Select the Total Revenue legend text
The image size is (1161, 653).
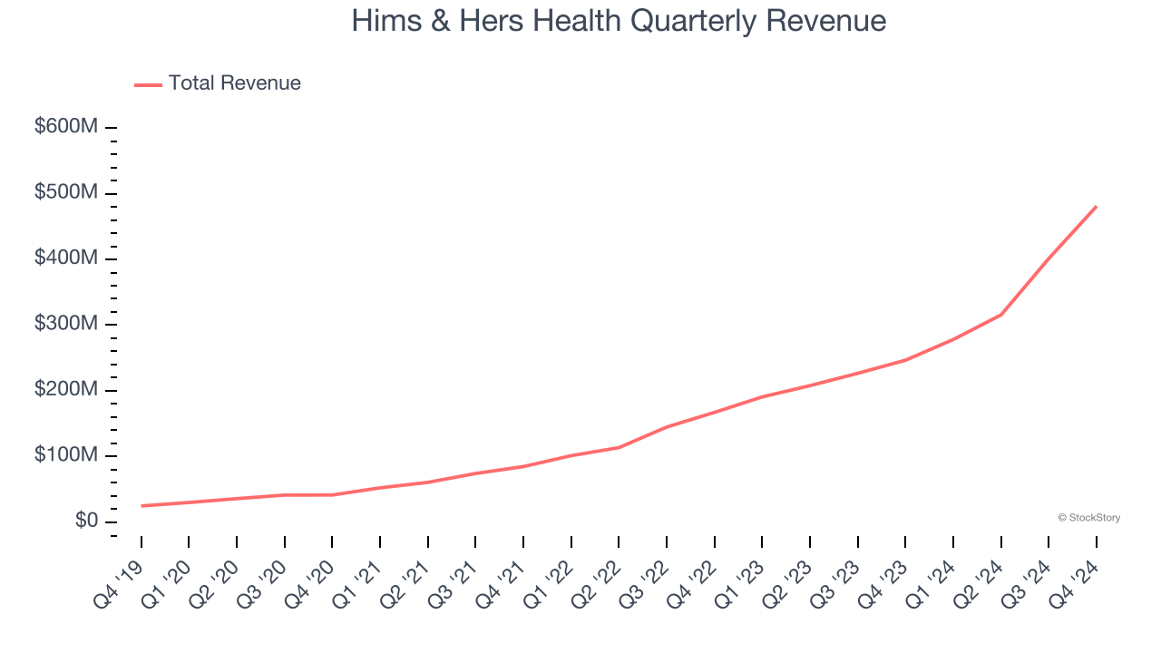234,83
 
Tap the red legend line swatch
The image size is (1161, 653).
148,84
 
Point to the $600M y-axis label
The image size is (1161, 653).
66,127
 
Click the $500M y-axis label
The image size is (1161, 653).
66,193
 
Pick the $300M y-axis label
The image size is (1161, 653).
66,324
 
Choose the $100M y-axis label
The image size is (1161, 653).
66,454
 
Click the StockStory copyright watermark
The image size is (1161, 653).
1088,518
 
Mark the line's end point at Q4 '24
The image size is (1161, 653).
1097,206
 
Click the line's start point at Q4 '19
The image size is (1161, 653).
141,506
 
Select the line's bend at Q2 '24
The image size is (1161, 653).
1001,315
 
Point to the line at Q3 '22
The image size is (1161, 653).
667,426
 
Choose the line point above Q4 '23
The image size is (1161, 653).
905,360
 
